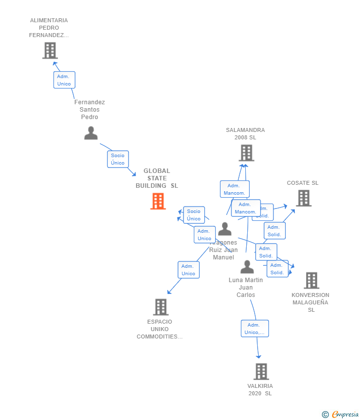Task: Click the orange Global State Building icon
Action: point(158,201)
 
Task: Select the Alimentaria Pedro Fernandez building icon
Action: point(50,50)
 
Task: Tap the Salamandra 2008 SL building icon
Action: point(246,153)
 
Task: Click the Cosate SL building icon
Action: point(304,198)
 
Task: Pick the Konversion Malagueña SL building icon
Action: point(311,280)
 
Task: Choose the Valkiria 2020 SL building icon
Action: point(261,371)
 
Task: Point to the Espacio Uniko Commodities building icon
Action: point(161,307)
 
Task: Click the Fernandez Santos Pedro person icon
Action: point(90,133)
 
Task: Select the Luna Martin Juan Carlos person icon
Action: point(247,267)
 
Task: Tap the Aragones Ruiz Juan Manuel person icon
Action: point(225,229)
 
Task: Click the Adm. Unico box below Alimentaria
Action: point(64,80)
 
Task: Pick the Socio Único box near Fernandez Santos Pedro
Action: point(118,159)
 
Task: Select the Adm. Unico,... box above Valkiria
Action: point(255,329)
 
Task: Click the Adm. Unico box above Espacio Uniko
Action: point(188,270)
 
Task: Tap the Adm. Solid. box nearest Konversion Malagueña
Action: point(277,269)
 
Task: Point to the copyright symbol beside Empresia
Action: point(325,415)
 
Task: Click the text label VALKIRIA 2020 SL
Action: point(260,389)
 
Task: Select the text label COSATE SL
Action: point(303,183)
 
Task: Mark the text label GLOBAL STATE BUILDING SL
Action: point(157,178)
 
